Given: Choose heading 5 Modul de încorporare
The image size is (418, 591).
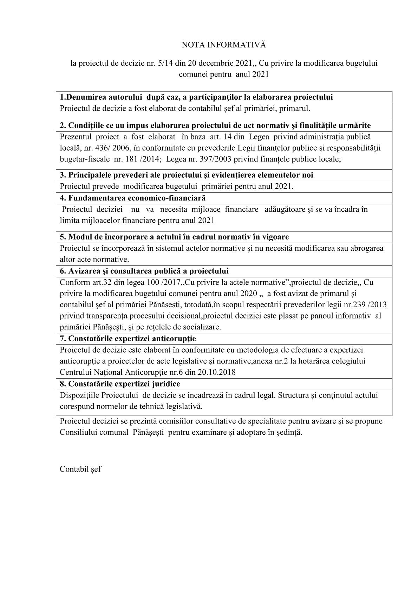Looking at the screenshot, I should pyautogui.click(x=174, y=237).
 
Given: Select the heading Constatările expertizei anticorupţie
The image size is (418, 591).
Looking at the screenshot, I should pyautogui.click(x=128, y=339).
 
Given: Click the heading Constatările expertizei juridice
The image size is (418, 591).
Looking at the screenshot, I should pyautogui.click(x=120, y=384).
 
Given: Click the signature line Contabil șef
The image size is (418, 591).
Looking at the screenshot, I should pyautogui.click(x=80, y=469).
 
